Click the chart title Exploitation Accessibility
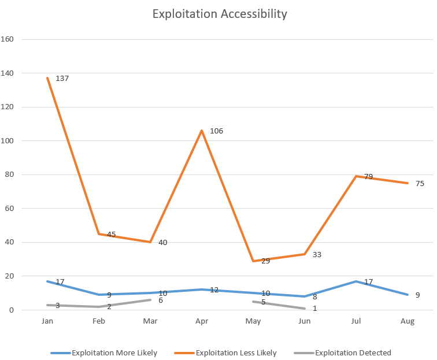pyautogui.click(x=219, y=14)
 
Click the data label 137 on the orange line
pyautogui.click(x=62, y=78)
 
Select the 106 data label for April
pyautogui.click(x=216, y=131)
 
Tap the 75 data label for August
pyautogui.click(x=420, y=184)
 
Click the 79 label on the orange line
pyautogui.click(x=369, y=177)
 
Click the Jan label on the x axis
pyautogui.click(x=47, y=320)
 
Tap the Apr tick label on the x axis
pyautogui.click(x=202, y=320)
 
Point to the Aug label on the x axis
pyautogui.click(x=408, y=320)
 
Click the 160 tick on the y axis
pyautogui.click(x=13, y=40)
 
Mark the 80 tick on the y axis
pyautogui.click(x=15, y=175)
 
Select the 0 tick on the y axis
pyautogui.click(x=17, y=310)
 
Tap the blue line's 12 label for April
pyautogui.click(x=214, y=290)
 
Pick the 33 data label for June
pyautogui.click(x=317, y=254)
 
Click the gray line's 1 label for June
pyautogui.click(x=314, y=308)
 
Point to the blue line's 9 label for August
pyautogui.click(x=417, y=295)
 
